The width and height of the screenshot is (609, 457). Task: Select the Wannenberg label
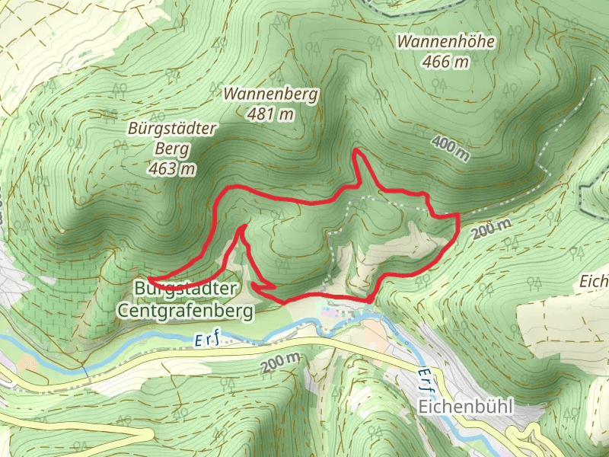coord(271,94)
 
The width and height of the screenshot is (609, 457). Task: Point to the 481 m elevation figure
coord(270,114)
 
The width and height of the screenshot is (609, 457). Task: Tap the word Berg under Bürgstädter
coord(171,149)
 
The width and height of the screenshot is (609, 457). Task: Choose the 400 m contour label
coord(451,148)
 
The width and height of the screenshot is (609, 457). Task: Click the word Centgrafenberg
coord(185,310)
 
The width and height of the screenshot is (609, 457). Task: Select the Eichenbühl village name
coord(466,407)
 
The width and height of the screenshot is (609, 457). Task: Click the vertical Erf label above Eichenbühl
coord(424,382)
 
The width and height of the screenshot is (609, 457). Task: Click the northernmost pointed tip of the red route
coord(357,152)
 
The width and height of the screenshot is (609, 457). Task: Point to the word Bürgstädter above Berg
coord(172,129)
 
